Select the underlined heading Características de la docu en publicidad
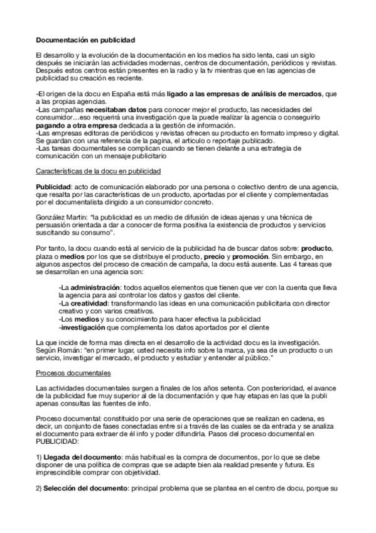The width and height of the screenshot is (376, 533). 99,171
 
